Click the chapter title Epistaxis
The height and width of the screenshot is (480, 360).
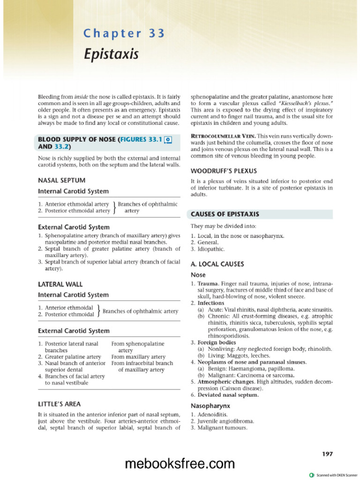click(x=112, y=54)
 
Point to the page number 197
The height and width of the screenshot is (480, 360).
click(x=327, y=454)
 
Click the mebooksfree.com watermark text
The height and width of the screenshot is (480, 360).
click(x=180, y=464)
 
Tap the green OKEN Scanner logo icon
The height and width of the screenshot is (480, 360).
click(x=312, y=475)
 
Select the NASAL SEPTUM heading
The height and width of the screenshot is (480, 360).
click(x=61, y=180)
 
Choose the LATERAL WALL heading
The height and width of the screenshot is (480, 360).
click(x=60, y=284)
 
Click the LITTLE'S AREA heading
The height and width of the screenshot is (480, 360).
click(x=59, y=404)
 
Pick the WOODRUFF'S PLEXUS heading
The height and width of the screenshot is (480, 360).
click(x=224, y=171)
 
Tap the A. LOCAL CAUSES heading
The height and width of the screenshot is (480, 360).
click(x=217, y=264)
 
